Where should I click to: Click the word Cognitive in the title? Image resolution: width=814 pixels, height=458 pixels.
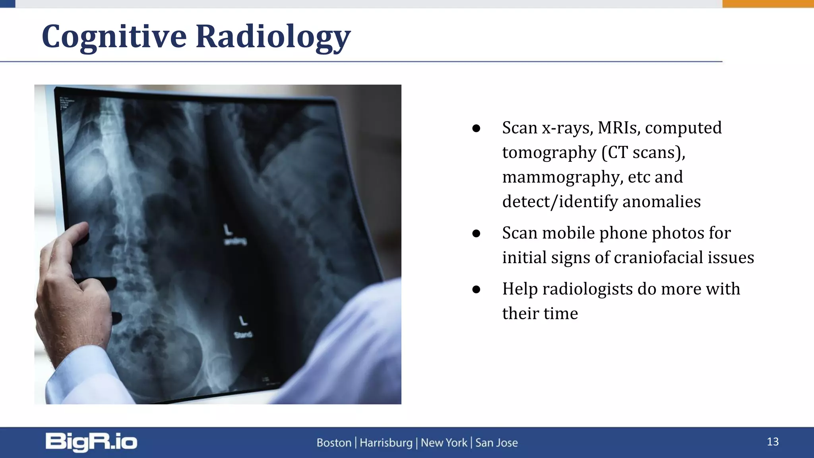(x=114, y=37)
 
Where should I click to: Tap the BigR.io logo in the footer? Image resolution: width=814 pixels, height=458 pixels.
(x=91, y=442)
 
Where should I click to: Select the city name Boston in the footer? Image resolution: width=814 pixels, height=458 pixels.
(x=334, y=442)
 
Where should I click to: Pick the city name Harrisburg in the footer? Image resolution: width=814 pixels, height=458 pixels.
(x=386, y=442)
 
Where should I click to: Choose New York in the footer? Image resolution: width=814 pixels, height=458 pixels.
(x=444, y=442)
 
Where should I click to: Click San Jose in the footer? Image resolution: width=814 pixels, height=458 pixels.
(x=496, y=442)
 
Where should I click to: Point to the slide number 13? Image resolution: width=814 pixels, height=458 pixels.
(x=772, y=442)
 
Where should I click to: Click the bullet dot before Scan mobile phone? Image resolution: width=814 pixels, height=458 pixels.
(x=476, y=233)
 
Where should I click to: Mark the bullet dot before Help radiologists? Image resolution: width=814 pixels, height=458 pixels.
(x=476, y=289)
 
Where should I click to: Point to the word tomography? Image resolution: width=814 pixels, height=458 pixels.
(x=549, y=153)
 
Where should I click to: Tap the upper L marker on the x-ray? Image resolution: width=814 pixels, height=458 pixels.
(x=227, y=230)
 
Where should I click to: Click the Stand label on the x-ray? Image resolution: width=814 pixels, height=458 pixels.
(x=243, y=335)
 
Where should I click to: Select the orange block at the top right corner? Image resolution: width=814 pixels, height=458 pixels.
(x=768, y=4)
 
